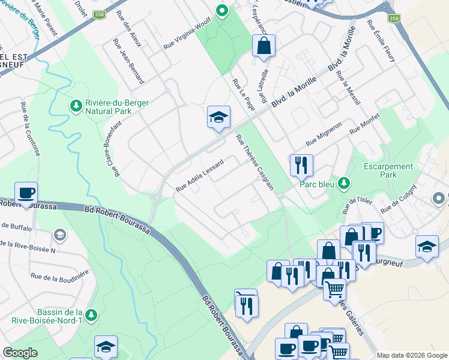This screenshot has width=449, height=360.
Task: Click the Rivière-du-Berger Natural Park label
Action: (x=117, y=107)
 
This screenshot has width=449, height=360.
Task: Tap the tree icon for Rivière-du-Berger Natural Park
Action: (x=76, y=106)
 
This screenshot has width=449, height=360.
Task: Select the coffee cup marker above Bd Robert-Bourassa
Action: (x=26, y=193)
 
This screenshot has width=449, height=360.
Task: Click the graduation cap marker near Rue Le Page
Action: (x=219, y=116)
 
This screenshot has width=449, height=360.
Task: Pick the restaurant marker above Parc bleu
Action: (x=301, y=164)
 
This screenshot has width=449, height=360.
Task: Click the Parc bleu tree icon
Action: (x=344, y=183)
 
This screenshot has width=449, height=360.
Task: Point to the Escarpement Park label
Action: (x=388, y=170)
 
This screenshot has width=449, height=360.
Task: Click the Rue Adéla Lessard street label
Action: (x=200, y=175)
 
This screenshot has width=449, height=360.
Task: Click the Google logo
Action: (x=20, y=352)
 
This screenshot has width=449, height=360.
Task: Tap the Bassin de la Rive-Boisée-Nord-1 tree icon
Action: (x=91, y=315)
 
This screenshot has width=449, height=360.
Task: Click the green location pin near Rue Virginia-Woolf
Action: (x=221, y=10)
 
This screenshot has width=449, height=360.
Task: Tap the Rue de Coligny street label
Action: (x=398, y=198)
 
